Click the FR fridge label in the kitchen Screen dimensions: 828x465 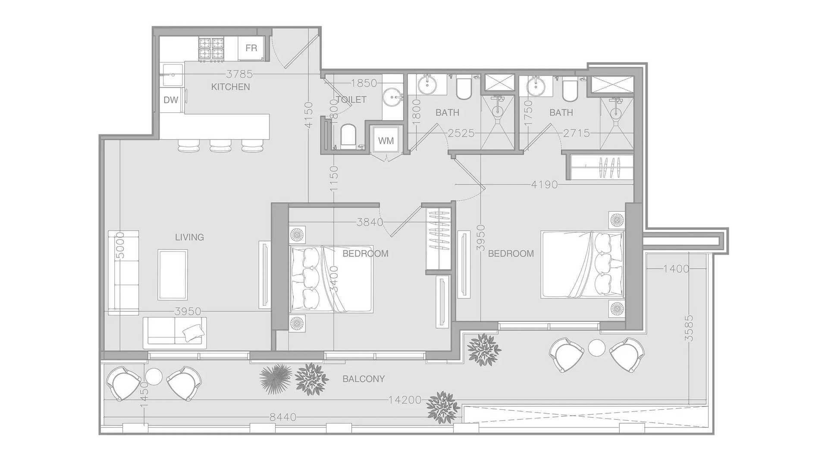tap(251, 48)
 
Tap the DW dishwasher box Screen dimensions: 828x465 tap(171, 100)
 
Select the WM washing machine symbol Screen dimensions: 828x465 tap(386, 140)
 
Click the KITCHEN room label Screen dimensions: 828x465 tap(231, 87)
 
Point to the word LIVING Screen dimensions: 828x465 tap(189, 237)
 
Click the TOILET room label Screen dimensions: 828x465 tap(351, 99)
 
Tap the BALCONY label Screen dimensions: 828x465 tap(364, 379)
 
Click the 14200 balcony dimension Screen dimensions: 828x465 tap(405, 400)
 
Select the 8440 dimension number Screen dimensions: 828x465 tap(283, 417)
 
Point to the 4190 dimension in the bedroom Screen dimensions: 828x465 tap(544, 185)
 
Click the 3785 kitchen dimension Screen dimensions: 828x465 tap(240, 74)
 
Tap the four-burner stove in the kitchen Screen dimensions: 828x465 tap(211, 49)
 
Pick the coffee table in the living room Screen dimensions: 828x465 tap(172, 275)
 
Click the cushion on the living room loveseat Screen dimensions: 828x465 tap(193, 332)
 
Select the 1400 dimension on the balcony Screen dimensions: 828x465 tap(676, 269)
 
